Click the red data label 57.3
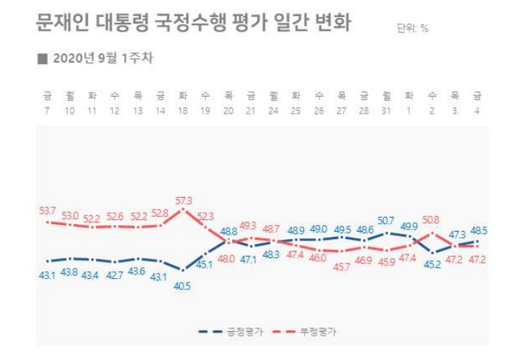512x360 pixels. click(184, 201)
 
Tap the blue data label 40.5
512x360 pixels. click(182, 286)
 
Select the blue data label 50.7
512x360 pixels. click(386, 221)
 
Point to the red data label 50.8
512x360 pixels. click(431, 220)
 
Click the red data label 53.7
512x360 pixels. click(47, 211)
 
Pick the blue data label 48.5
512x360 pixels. click(479, 231)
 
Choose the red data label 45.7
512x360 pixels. click(342, 267)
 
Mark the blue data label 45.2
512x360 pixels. click(432, 264)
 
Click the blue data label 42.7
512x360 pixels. click(114, 275)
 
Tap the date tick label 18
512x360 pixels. click(183, 111)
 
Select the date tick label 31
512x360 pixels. click(387, 111)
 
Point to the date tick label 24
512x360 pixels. click(273, 111)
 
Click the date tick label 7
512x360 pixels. click(46, 111)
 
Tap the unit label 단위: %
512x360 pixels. click(412, 28)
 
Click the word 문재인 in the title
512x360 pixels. click(62, 23)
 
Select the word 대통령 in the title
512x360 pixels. click(122, 23)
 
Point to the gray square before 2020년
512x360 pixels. click(43, 59)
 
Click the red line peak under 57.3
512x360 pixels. click(183, 210)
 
